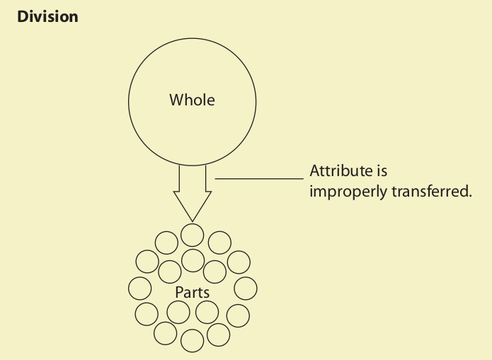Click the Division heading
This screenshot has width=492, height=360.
(x=47, y=16)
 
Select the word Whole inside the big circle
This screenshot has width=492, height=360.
(x=192, y=100)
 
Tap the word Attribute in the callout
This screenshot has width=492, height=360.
(x=339, y=171)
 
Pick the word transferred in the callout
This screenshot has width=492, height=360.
(x=431, y=192)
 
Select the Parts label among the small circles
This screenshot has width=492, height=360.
(x=192, y=291)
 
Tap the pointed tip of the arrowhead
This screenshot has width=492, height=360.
(x=193, y=221)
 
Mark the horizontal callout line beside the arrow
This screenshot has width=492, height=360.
(x=258, y=179)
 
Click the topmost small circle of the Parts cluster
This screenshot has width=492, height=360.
(x=192, y=234)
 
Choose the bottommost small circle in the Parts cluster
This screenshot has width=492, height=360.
(x=193, y=341)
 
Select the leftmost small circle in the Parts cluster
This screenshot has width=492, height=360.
(x=140, y=288)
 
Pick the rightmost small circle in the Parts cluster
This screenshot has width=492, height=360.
(x=245, y=288)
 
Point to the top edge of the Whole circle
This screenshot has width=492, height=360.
(x=192, y=36)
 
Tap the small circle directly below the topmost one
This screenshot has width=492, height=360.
(x=193, y=260)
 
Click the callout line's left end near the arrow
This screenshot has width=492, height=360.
(x=216, y=179)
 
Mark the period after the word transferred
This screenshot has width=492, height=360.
(x=469, y=196)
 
